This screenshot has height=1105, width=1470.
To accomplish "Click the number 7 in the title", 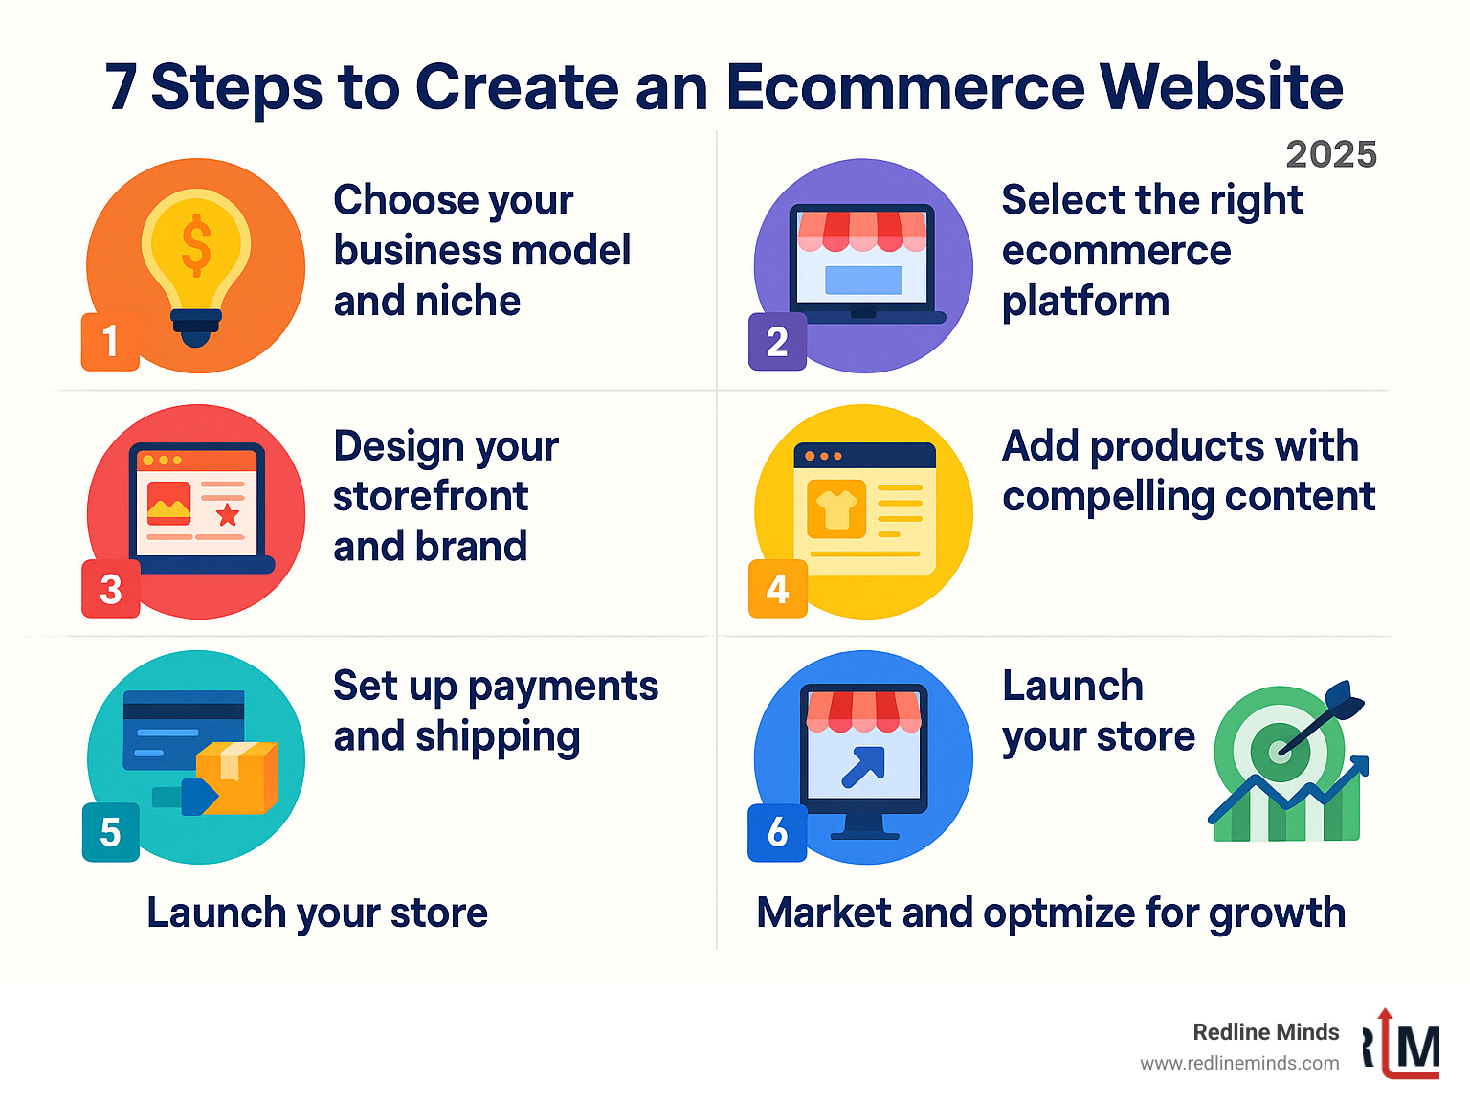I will coord(122,88).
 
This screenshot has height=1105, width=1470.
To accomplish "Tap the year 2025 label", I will coord(1330,154).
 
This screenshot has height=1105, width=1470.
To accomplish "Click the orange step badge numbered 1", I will coord(110,341).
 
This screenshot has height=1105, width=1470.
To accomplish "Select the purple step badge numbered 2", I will coord(777,341).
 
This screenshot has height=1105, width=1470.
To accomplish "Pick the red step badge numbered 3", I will coord(110,588).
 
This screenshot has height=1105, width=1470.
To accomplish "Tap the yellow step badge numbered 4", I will coord(777,588).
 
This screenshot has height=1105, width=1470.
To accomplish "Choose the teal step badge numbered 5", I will coord(110,832).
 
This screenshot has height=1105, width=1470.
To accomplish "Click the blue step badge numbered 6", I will coord(777,832).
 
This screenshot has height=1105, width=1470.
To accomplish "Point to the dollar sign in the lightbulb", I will coord(196,244).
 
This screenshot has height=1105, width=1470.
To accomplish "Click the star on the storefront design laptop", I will coord(228,515).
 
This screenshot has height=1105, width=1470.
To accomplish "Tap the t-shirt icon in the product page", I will coord(836,508).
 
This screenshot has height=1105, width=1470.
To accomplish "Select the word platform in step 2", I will coord(1085,302).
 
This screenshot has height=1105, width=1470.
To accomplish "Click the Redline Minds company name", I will coord(1265,1032).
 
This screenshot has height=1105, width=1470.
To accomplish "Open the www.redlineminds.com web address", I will coord(1239,1064).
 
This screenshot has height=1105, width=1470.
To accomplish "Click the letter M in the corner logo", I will coord(1417,1049).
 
